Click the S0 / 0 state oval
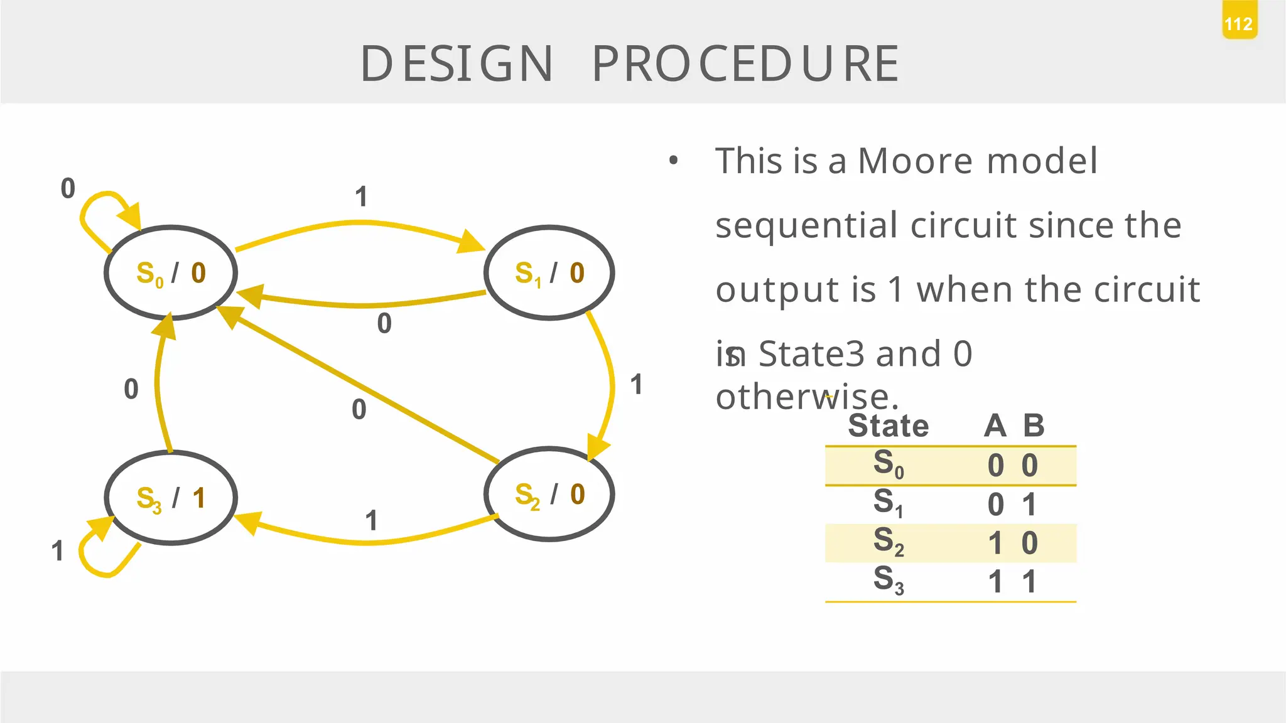tap(171, 273)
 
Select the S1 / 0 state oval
tap(549, 273)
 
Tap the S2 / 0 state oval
tap(549, 495)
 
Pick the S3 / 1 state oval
tap(171, 498)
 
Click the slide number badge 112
tap(1238, 24)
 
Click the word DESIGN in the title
tap(457, 64)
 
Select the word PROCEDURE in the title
tap(745, 64)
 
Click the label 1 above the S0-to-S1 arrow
tap(361, 197)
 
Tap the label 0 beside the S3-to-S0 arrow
tap(131, 389)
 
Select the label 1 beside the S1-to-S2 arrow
tap(636, 385)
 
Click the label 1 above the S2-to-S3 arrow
tap(371, 521)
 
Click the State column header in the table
tap(888, 426)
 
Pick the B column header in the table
tap(1034, 426)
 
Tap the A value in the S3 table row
tap(995, 581)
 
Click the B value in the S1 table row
tap(1029, 505)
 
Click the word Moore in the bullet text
tap(915, 161)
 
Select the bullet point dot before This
tap(673, 161)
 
